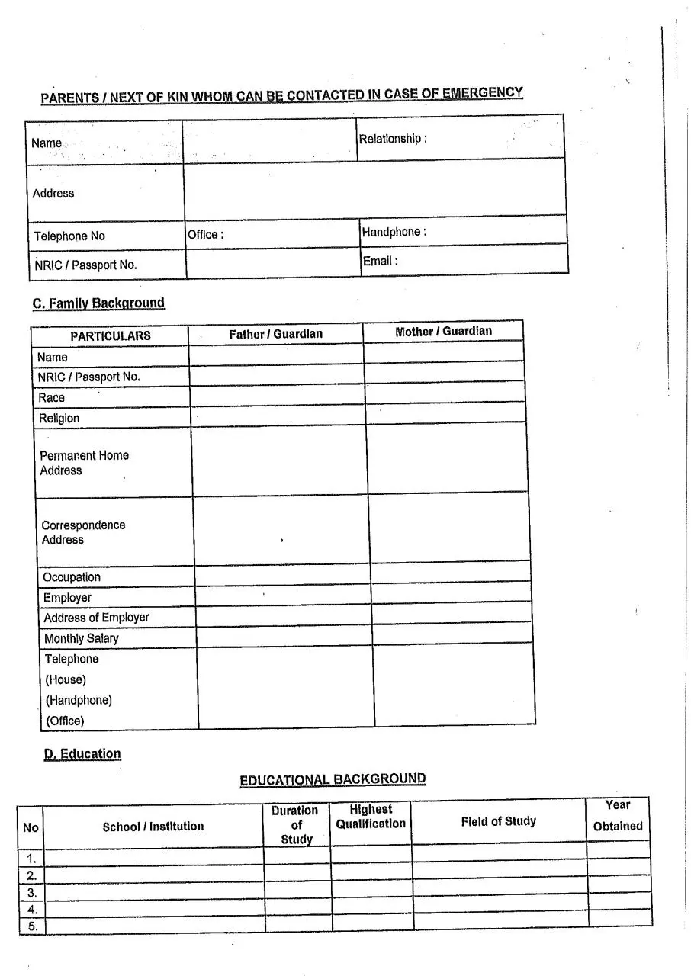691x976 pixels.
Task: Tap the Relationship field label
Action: (392, 139)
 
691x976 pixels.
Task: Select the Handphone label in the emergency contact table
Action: (393, 232)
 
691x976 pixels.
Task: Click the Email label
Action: (380, 261)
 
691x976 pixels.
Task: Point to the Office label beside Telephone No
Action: (205, 235)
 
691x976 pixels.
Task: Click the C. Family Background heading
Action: (98, 303)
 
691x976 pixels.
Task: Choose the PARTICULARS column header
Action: (111, 335)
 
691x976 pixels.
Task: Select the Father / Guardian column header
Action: (275, 334)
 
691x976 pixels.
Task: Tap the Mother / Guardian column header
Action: (443, 332)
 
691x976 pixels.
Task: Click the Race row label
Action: (52, 397)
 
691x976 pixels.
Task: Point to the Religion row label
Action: (59, 418)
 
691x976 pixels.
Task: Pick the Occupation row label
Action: (71, 577)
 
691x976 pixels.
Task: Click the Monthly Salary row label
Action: (81, 638)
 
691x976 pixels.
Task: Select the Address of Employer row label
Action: (96, 618)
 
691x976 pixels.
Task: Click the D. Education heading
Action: (82, 754)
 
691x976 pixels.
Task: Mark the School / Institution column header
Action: (153, 827)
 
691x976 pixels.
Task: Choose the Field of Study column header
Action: (498, 821)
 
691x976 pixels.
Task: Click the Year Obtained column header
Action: (618, 815)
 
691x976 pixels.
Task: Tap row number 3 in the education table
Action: (32, 892)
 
